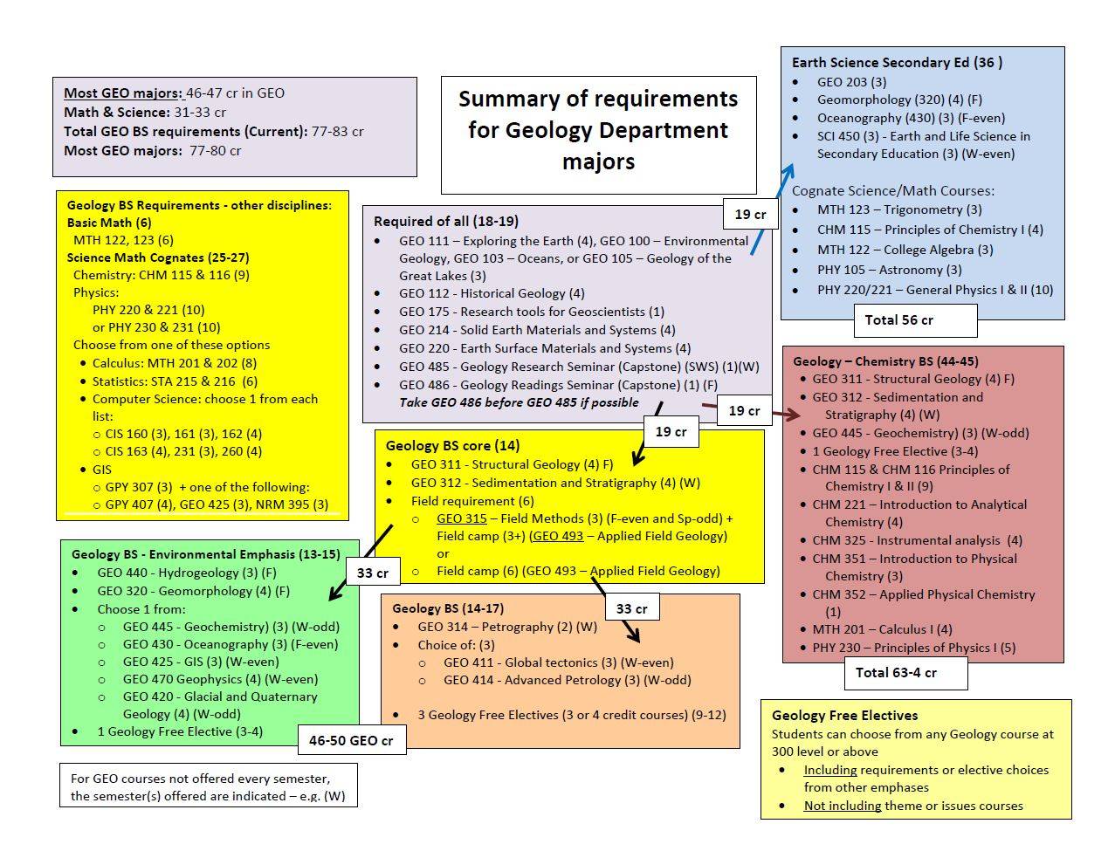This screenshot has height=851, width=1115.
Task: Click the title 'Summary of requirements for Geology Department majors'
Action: (598, 130)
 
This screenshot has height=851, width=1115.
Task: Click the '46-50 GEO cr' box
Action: (351, 740)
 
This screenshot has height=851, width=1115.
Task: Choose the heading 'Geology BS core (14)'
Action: (452, 445)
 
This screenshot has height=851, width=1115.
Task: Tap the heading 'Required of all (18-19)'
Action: (445, 221)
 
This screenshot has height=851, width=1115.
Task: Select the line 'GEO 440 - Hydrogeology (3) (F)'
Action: (186, 573)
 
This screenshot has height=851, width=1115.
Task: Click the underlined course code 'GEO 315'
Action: (461, 518)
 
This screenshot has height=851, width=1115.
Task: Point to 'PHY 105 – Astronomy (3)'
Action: (889, 270)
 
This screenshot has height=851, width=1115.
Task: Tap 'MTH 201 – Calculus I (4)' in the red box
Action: (882, 629)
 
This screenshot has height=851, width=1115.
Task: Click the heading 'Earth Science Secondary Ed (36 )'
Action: (897, 62)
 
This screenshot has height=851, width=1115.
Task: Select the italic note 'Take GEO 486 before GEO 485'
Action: (519, 402)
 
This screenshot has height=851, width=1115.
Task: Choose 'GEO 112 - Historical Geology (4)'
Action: (492, 293)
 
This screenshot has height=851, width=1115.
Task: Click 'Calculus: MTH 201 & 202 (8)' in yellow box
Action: (175, 363)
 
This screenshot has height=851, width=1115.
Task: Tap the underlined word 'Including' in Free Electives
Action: (829, 770)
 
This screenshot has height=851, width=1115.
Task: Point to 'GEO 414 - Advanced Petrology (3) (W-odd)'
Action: (567, 680)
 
